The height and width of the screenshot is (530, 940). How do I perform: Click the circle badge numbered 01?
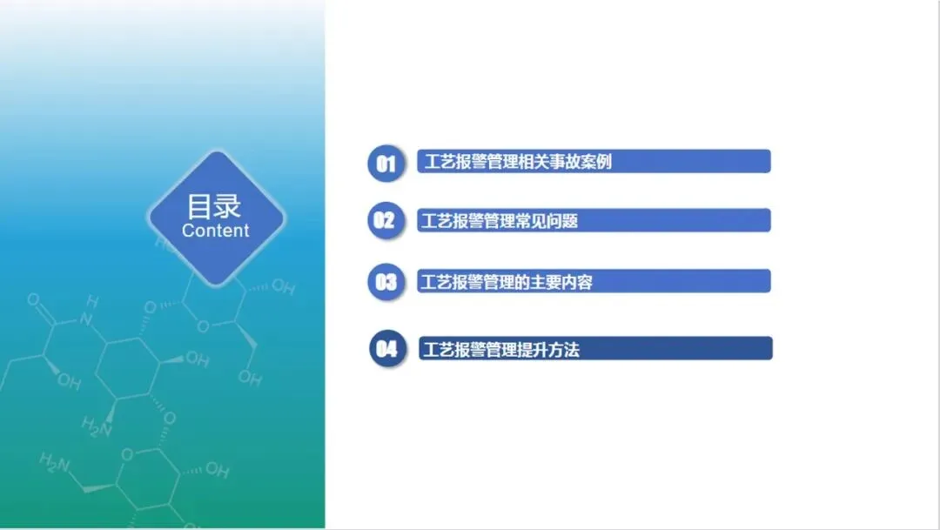point(386,163)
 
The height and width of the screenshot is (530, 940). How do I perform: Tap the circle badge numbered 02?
point(386,221)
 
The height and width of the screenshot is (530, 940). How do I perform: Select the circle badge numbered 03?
point(386,282)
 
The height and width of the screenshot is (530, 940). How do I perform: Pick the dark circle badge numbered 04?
point(387,348)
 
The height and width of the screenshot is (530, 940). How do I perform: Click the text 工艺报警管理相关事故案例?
point(518,162)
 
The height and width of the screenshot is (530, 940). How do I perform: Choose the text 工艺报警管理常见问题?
point(500,221)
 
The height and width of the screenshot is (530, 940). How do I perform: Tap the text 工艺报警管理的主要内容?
point(507,282)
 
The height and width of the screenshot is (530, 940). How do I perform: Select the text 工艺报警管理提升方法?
point(501,350)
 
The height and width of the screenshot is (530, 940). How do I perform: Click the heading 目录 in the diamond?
point(214,207)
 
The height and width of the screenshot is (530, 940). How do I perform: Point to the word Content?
point(215,231)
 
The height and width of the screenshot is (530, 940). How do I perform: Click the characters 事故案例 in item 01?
point(581,162)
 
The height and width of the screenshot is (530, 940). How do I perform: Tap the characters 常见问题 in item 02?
point(547,221)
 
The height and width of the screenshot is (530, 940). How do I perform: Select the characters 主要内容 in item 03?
point(561,282)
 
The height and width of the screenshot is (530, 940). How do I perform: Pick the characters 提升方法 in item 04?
point(548,350)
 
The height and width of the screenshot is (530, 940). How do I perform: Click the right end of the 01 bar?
point(769,161)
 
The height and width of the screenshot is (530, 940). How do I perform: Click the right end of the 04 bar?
point(771,348)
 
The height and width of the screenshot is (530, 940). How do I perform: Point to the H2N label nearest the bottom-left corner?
point(55,462)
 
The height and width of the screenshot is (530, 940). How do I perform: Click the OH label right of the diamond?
point(283,287)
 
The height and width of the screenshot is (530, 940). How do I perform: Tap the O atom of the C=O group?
point(34,299)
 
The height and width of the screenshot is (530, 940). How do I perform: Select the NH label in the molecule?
point(89,311)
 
